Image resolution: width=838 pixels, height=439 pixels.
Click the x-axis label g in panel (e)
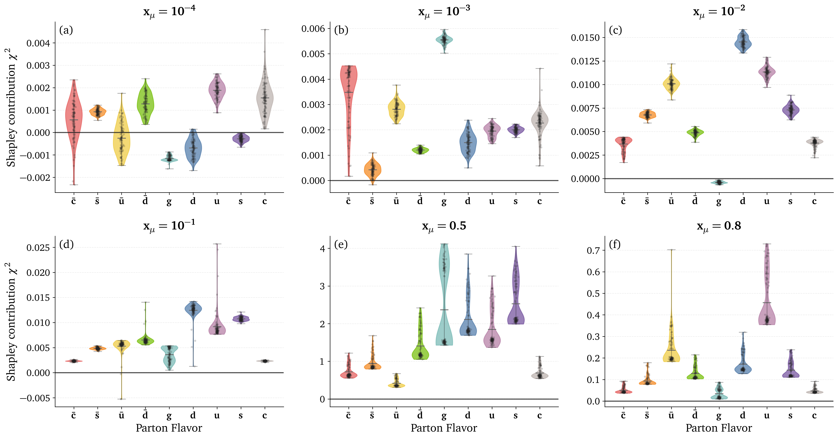444,416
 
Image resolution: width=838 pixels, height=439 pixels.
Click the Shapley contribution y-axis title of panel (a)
11,107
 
